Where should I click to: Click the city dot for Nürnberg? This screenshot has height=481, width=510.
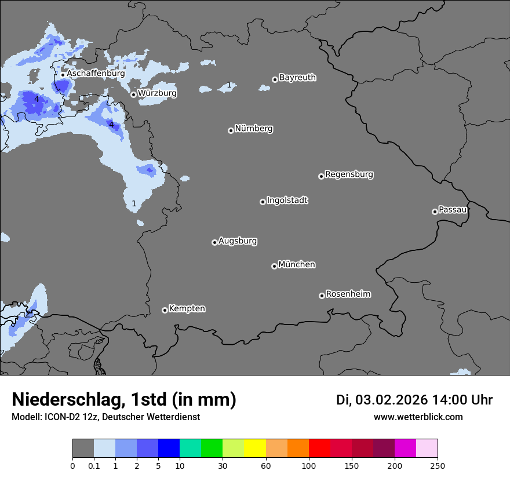[x=231, y=130]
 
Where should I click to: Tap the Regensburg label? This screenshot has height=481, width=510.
[x=349, y=174]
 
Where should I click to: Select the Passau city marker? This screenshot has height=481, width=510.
[x=435, y=212]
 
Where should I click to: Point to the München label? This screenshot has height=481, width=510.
[x=297, y=265]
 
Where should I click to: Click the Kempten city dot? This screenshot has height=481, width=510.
[x=165, y=310]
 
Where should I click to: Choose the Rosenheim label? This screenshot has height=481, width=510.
[x=348, y=294]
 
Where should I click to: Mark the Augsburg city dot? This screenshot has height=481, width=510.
[x=214, y=242]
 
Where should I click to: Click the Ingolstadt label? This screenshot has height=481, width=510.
[x=287, y=201]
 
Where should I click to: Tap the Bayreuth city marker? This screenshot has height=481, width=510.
[x=275, y=80]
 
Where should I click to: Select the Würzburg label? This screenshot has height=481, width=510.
[x=157, y=93]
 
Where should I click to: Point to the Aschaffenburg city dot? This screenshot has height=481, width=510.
[x=63, y=75]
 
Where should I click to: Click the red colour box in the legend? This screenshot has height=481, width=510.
[x=319, y=449]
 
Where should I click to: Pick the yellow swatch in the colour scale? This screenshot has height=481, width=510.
[x=255, y=449]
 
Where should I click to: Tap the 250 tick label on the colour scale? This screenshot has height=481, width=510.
[x=438, y=465]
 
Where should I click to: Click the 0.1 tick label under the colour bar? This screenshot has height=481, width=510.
[x=94, y=465]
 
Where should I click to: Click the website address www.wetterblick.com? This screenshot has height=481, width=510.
[x=418, y=417]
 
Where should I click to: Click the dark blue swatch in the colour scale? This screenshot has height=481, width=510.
[x=169, y=449]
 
